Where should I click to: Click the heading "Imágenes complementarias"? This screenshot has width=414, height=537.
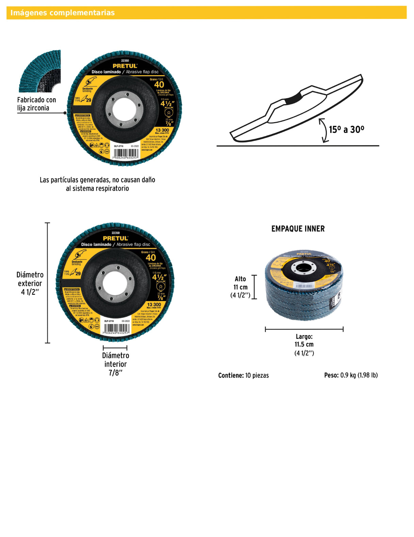pyautogui.click(x=62, y=13)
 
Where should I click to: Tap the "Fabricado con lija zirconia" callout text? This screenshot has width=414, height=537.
pyautogui.click(x=36, y=104)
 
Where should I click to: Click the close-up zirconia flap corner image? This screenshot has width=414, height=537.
pyautogui.click(x=40, y=71)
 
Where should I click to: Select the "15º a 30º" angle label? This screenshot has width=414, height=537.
pyautogui.click(x=346, y=130)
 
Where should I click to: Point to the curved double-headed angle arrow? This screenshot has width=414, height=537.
pyautogui.click(x=323, y=130)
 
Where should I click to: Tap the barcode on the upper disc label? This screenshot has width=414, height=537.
pyautogui.click(x=125, y=154)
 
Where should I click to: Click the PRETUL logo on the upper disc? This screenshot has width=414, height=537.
pyautogui.click(x=125, y=66)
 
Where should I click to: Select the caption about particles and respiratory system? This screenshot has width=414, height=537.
pyautogui.click(x=97, y=184)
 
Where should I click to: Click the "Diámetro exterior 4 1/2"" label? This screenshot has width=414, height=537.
pyautogui.click(x=30, y=283)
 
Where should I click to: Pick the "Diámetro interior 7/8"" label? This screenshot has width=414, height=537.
pyautogui.click(x=115, y=364)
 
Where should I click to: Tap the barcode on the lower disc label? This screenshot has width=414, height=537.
pyautogui.click(x=115, y=329)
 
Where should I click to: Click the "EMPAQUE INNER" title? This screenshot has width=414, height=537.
pyautogui.click(x=298, y=229)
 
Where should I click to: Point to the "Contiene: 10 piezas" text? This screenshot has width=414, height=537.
pyautogui.click(x=243, y=375)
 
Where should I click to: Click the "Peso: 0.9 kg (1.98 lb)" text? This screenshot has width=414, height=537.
pyautogui.click(x=351, y=375)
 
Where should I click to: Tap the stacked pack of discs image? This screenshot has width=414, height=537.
pyautogui.click(x=304, y=285)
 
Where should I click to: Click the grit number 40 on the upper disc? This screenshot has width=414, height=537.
pyautogui.click(x=159, y=85)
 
